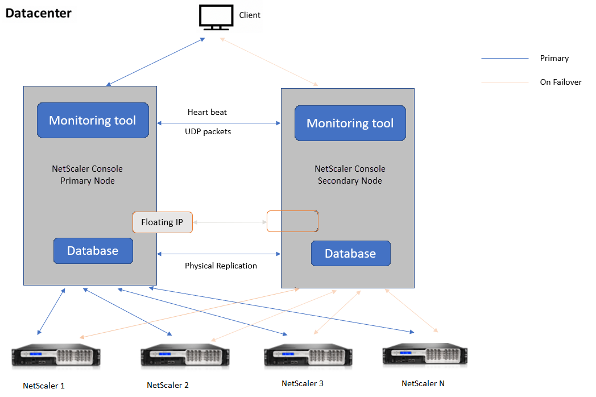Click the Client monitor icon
pos(216,17)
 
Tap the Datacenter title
pos(39,13)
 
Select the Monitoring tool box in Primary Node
pos(93,120)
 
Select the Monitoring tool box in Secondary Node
pos(350,123)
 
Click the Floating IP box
pos(162,222)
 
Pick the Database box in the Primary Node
pos(93,251)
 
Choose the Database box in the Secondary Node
pos(350,253)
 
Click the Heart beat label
pos(207,112)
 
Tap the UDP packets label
pos(208,131)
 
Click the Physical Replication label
pos(221,266)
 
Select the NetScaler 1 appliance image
pos(56,355)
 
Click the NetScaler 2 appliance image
pos(185,355)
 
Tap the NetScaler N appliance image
pos(425,354)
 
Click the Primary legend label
pos(554,58)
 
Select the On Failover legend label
pos(561,82)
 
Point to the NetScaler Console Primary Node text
pos(88,175)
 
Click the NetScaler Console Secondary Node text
pos(350,175)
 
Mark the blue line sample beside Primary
pos(505,58)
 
